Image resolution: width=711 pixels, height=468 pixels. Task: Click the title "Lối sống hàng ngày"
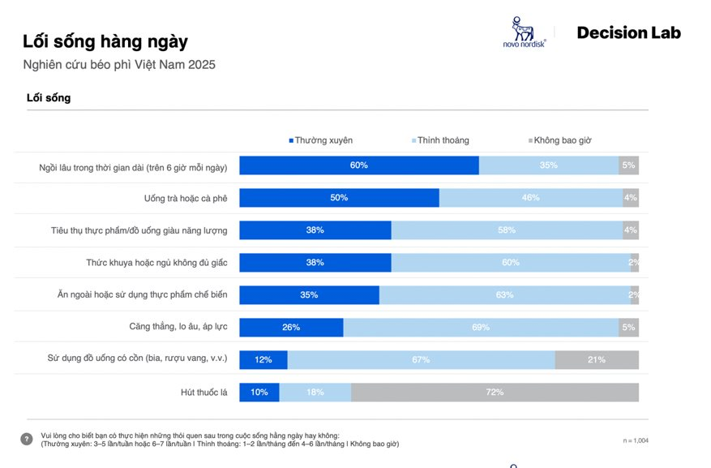[105, 41]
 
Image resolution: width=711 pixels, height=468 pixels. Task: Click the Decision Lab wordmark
[628, 33]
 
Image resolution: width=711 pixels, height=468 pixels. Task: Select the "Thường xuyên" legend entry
[320, 140]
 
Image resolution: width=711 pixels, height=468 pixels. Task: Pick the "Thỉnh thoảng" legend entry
[441, 140]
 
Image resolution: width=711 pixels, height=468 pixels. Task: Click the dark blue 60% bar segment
[359, 165]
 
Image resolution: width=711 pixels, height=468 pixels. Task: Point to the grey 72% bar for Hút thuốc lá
[495, 393]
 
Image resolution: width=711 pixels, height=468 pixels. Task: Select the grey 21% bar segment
[597, 360]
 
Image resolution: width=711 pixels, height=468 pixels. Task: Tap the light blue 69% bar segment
[481, 328]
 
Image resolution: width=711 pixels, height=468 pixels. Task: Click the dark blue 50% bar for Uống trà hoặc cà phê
[339, 198]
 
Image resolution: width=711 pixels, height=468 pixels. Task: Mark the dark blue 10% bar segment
[259, 393]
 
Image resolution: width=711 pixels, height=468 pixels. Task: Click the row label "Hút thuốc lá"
[203, 393]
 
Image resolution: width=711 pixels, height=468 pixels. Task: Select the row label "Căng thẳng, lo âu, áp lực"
[178, 328]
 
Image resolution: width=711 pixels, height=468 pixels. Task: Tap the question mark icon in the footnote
[27, 439]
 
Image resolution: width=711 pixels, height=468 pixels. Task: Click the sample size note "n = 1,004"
[636, 440]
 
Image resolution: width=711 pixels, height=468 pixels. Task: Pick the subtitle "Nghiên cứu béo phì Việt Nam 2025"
[119, 64]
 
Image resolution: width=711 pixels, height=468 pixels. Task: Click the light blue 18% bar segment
[315, 393]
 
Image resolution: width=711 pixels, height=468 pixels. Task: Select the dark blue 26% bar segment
[291, 328]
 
